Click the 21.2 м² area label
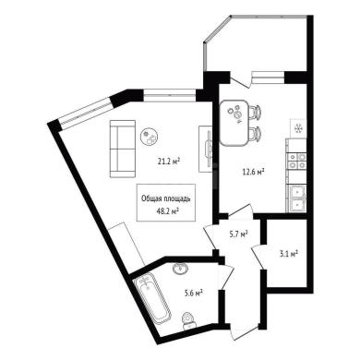(168, 161)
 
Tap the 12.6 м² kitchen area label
(254, 172)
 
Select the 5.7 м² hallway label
(238, 234)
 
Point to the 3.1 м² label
(288, 254)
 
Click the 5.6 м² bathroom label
(193, 293)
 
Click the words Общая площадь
(166, 199)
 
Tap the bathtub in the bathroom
(152, 300)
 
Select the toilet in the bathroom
(188, 321)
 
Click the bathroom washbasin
(180, 269)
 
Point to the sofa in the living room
(123, 149)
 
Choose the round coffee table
(150, 138)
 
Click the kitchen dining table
(234, 123)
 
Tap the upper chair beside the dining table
(256, 112)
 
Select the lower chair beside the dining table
(256, 134)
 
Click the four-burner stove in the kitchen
(296, 162)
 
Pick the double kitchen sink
(296, 198)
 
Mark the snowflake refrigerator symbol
(298, 128)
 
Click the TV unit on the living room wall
(206, 149)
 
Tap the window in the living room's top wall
(169, 95)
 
